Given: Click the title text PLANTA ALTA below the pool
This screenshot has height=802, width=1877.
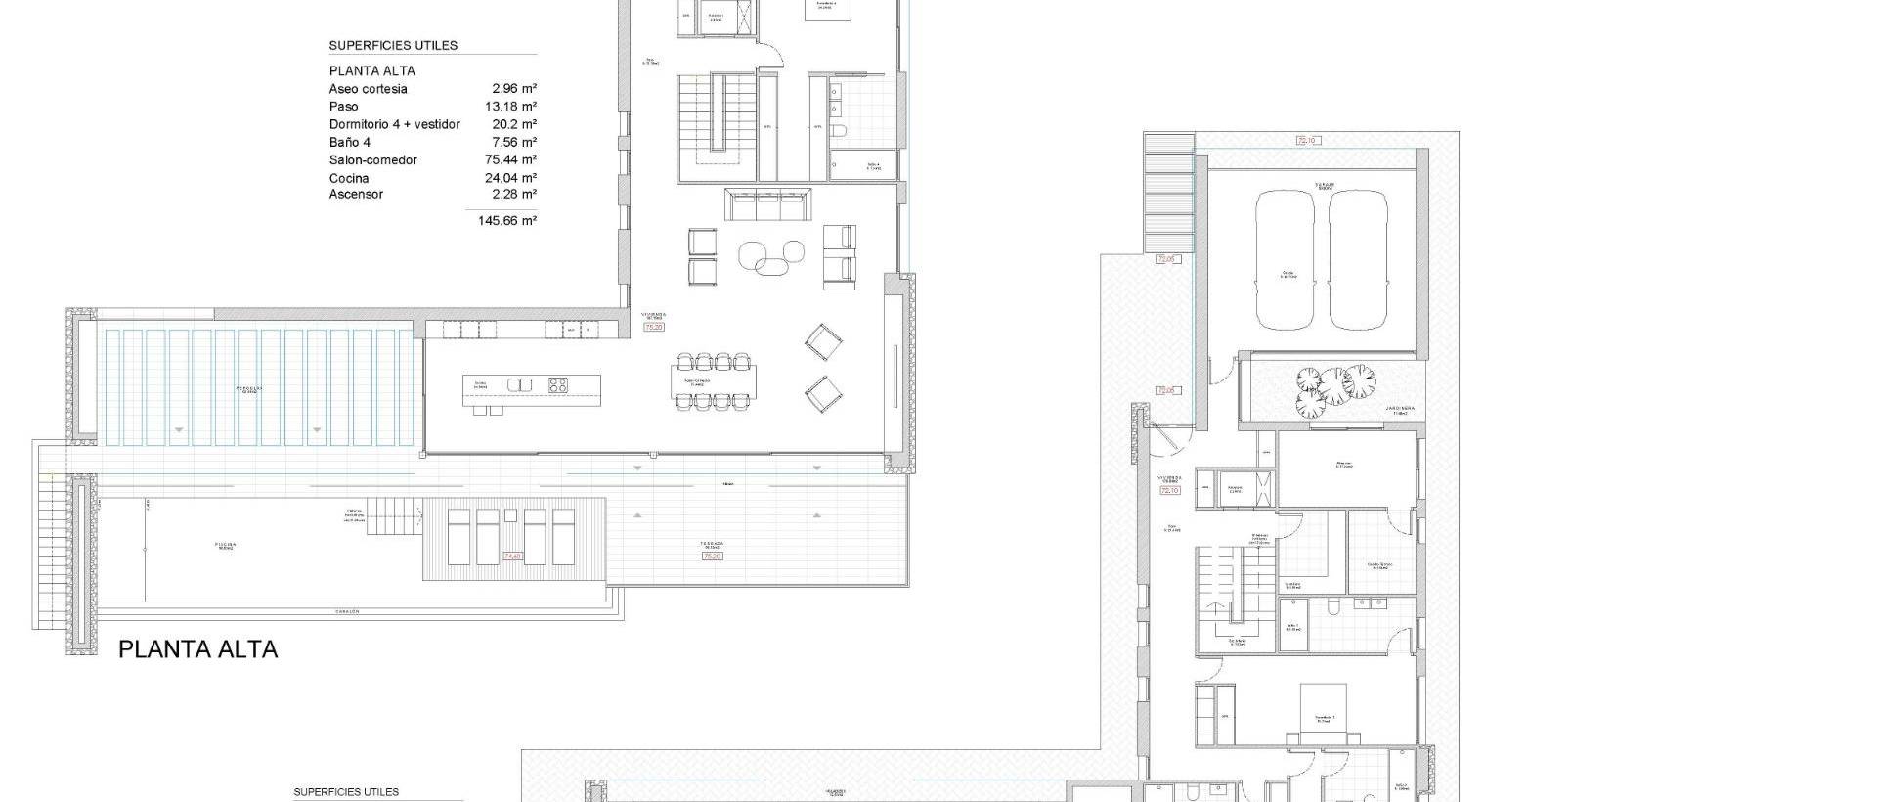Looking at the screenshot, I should (x=197, y=649).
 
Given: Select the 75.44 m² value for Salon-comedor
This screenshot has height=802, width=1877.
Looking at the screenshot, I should (x=513, y=160).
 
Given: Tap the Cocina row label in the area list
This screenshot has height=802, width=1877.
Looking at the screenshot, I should (x=349, y=178).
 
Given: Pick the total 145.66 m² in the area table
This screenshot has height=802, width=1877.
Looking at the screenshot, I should (x=507, y=221).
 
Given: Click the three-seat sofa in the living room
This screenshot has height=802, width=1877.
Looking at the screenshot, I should (x=768, y=204).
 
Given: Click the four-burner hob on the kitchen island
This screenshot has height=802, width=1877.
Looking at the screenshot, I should (x=558, y=384).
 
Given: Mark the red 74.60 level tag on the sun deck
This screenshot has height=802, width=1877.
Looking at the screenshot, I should (x=512, y=557).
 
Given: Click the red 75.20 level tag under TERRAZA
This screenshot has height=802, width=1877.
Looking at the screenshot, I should (x=712, y=557).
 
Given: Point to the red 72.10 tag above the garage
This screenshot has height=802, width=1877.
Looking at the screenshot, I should (x=1307, y=141).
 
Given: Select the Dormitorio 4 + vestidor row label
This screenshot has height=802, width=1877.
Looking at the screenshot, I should (x=394, y=125).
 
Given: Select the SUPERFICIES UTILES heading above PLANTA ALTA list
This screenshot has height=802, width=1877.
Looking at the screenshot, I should (x=393, y=45).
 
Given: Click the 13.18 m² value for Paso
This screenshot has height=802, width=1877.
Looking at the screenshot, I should (x=513, y=107).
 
